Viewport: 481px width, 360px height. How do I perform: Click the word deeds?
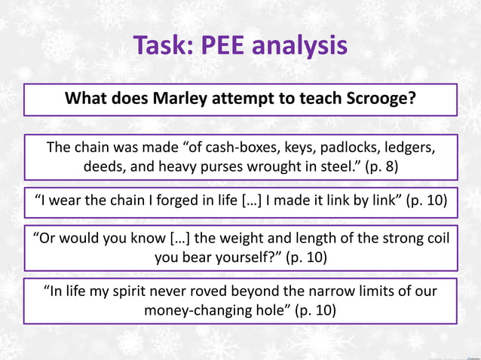pyautogui.click(x=105, y=166)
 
